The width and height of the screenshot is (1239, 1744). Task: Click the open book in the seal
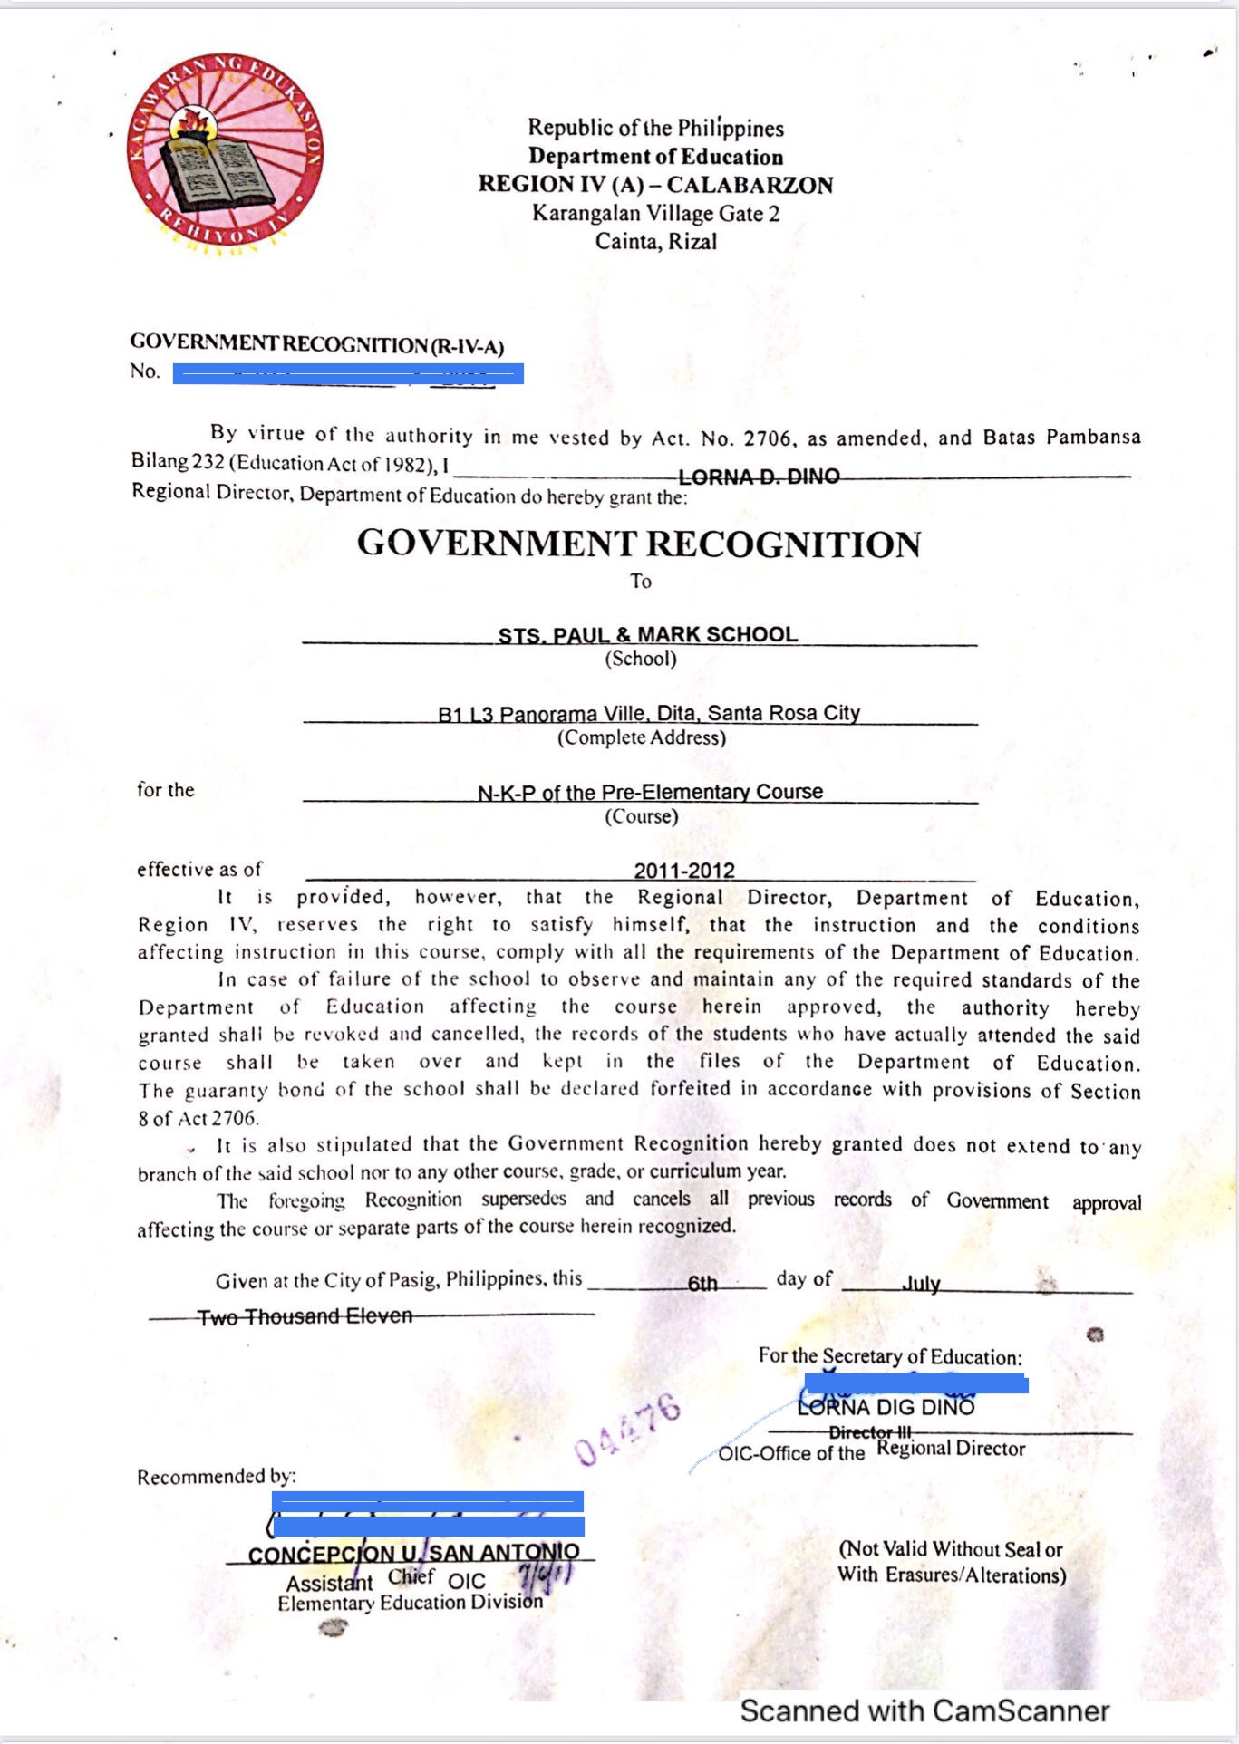[x=217, y=174]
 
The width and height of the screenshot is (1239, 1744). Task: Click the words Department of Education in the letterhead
[x=655, y=157]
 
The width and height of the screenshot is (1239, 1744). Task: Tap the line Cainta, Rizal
[x=655, y=242]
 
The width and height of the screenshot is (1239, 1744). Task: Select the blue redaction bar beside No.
[x=348, y=373]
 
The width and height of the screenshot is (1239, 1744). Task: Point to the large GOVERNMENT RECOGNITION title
[x=639, y=544]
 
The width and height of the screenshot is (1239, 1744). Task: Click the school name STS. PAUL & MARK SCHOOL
[x=647, y=635]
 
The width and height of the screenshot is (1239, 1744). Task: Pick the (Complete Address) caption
[x=642, y=737]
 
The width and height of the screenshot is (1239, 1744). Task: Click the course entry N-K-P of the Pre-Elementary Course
[x=650, y=793]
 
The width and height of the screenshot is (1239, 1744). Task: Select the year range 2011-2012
[x=684, y=871]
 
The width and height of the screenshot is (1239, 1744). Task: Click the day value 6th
[x=702, y=1283]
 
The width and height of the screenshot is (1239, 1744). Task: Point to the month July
[x=921, y=1284]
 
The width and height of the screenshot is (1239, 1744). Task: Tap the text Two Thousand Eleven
[x=305, y=1316]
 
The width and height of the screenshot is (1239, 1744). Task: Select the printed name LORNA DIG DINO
[x=886, y=1407]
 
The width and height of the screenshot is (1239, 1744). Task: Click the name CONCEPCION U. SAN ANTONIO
[x=413, y=1554]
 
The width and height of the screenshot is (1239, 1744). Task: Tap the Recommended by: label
[x=217, y=1477]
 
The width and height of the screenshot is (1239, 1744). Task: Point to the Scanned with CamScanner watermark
[x=924, y=1710]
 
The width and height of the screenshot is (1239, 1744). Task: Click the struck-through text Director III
[x=870, y=1432]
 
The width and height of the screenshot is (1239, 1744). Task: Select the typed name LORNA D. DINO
[x=759, y=477]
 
